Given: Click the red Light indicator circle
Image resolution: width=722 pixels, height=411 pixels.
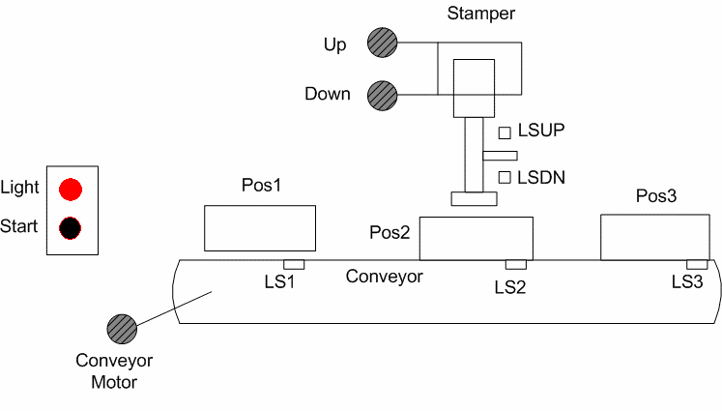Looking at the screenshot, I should [x=71, y=188].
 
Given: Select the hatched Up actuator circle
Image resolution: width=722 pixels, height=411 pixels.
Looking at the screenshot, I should [x=381, y=43].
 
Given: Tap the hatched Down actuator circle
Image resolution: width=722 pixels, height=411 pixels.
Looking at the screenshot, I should [x=381, y=95].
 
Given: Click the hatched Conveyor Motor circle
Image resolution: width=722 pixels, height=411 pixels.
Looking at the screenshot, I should [x=122, y=329].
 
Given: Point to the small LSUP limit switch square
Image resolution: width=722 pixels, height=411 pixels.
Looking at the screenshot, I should [x=505, y=132].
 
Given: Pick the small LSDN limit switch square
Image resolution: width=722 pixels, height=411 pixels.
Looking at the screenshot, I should [x=505, y=177].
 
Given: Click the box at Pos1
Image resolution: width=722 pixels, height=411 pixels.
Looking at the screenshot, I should [x=260, y=228].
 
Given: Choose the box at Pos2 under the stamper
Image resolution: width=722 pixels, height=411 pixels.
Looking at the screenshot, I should [x=476, y=239].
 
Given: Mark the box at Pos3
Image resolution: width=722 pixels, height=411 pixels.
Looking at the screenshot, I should [x=654, y=238].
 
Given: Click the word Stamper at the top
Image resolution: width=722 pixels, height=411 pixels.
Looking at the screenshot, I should [x=479, y=15].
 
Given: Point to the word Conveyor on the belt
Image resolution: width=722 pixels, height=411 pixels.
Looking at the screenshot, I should [x=385, y=277].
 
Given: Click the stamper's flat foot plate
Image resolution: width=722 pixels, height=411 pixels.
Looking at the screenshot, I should [x=474, y=199].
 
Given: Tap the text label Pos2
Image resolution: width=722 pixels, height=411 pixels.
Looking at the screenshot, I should [x=390, y=233].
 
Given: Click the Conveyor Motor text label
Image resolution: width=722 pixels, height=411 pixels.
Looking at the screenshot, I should [x=115, y=372].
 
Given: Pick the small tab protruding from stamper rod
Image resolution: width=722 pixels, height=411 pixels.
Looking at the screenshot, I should [x=501, y=156].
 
